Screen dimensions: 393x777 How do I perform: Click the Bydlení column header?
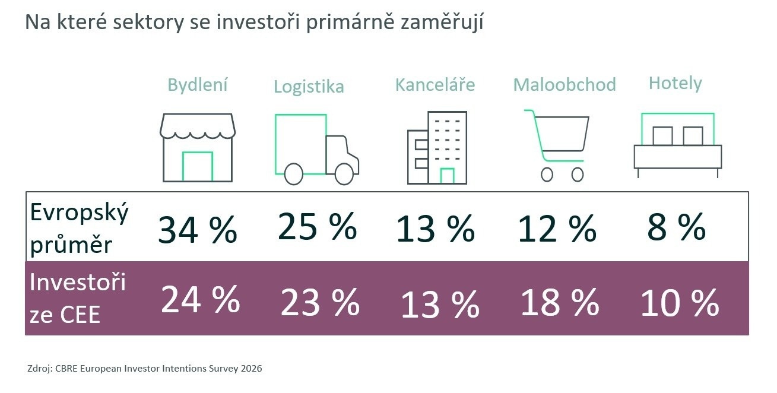(198, 85)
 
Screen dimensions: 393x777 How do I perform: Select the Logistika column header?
(309, 87)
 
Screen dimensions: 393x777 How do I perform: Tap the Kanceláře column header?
(435, 85)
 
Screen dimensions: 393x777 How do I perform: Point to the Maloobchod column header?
(564, 85)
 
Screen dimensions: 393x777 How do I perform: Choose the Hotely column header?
(675, 83)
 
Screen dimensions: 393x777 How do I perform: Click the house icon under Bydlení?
(198, 147)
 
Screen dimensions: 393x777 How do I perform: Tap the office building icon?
(437, 148)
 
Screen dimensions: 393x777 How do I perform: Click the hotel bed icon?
(677, 145)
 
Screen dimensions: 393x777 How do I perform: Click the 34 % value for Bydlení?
(198, 230)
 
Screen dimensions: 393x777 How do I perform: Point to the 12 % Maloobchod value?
(557, 228)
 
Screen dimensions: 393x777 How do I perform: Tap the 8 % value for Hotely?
(676, 227)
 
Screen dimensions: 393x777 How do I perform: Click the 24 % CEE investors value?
(200, 300)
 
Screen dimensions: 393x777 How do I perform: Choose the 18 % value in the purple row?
(559, 302)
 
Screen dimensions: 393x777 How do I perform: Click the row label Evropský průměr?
(79, 229)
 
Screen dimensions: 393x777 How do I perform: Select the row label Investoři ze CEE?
(78, 299)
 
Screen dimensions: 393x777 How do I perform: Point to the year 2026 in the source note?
(251, 369)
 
